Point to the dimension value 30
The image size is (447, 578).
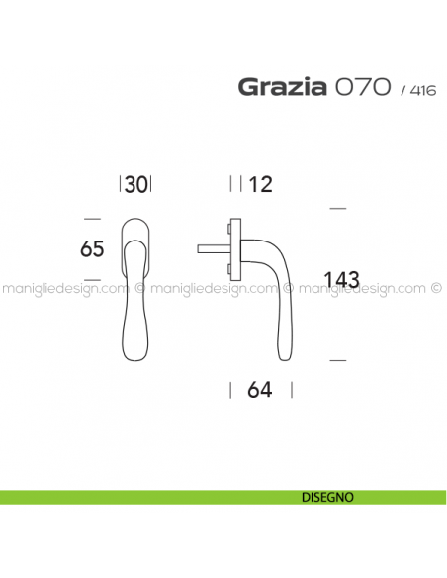click(137, 184)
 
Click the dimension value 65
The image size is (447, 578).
click(92, 249)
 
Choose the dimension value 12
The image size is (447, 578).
click(261, 184)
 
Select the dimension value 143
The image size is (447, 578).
click(340, 280)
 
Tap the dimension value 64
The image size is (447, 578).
click(260, 389)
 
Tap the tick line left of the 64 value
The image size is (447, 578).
click(231, 389)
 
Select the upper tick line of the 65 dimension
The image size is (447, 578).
click(93, 218)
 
